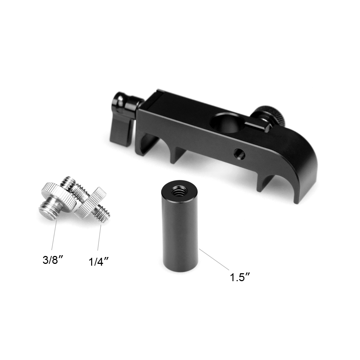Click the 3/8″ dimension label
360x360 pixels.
[x=53, y=260]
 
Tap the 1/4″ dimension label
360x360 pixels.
[x=99, y=261]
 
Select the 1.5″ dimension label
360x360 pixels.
[x=239, y=277]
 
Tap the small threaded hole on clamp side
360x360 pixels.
[x=239, y=153]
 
